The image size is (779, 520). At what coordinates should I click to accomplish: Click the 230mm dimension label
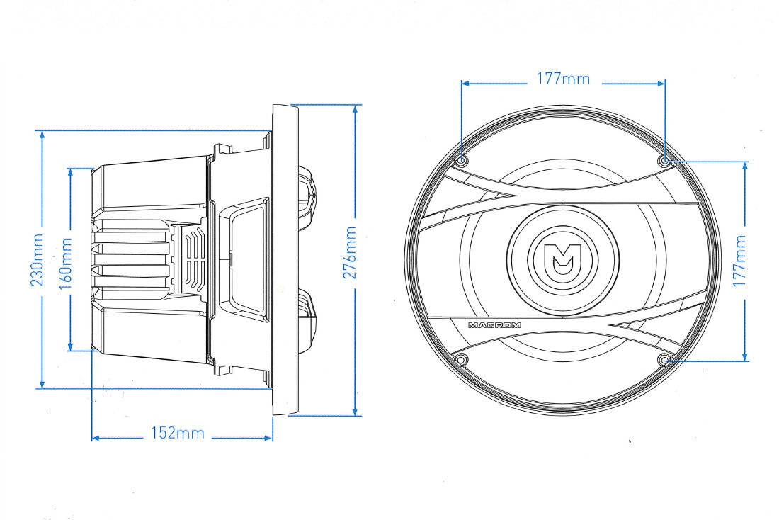click(x=38, y=259)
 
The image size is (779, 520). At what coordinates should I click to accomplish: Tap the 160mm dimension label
click(x=66, y=264)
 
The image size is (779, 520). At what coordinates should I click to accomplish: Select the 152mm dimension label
click(x=177, y=433)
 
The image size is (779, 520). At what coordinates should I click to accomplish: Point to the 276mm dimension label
click(x=350, y=252)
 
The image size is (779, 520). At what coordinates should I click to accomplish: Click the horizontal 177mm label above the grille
click(x=564, y=79)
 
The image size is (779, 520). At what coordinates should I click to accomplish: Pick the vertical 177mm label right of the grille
click(x=739, y=261)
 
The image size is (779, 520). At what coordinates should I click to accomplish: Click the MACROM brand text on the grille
click(x=494, y=325)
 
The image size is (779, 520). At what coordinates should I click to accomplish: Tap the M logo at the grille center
click(x=563, y=259)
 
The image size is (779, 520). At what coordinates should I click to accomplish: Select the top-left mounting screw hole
click(x=462, y=161)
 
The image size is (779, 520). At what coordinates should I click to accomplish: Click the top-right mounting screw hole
click(x=664, y=160)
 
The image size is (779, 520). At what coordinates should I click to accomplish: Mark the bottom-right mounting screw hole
click(x=664, y=359)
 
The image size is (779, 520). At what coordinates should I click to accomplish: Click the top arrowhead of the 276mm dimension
click(x=356, y=110)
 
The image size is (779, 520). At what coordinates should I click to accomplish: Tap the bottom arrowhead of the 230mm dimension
click(x=42, y=384)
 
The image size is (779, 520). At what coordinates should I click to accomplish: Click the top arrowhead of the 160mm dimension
click(x=71, y=173)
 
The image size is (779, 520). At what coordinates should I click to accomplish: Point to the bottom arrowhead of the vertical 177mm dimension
click(x=745, y=356)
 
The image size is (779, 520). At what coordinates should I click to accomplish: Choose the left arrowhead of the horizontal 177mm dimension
click(x=467, y=84)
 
